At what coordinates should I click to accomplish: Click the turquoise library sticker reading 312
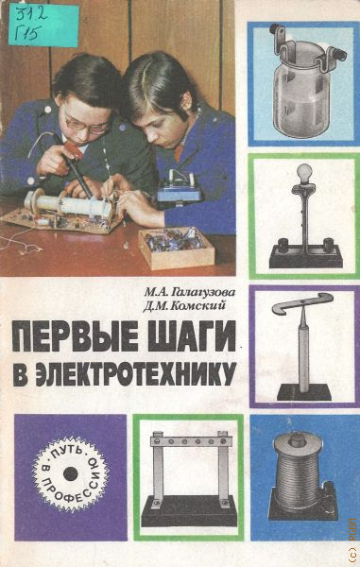43,26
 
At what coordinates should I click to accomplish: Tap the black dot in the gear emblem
70,473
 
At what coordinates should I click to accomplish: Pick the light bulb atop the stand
304,173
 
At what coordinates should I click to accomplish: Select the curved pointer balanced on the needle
301,302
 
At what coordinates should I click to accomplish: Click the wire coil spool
298,470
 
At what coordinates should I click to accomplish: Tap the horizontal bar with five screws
190,441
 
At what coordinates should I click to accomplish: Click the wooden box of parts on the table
177,248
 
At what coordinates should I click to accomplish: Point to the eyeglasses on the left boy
87,125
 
